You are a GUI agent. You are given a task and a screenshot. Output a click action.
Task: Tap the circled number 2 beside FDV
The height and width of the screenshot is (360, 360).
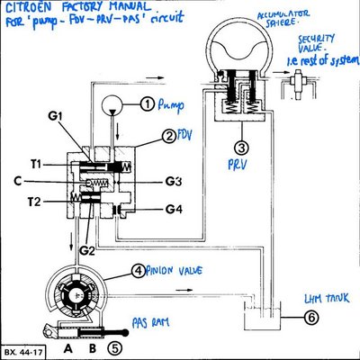[x=168, y=137]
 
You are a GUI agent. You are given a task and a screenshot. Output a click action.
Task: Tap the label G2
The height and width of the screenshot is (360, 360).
[x=85, y=249]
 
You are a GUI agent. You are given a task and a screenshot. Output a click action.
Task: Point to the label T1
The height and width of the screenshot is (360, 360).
[x=34, y=163]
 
